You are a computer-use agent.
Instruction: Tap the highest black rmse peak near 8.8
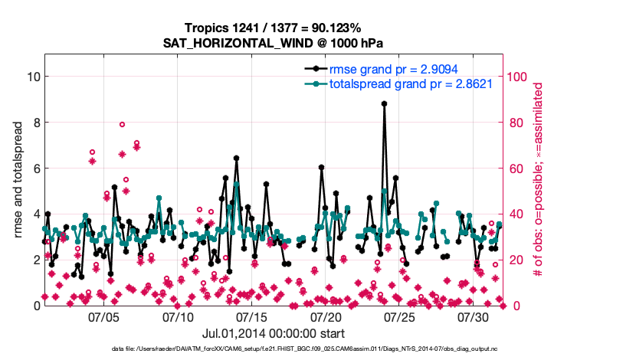click(x=384, y=103)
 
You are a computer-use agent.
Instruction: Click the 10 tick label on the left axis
click(x=33, y=77)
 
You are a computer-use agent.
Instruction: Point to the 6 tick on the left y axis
click(x=36, y=169)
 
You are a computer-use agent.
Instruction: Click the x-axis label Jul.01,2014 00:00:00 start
click(x=273, y=333)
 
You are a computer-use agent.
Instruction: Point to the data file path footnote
click(x=316, y=349)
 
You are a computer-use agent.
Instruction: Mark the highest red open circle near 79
click(x=122, y=124)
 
